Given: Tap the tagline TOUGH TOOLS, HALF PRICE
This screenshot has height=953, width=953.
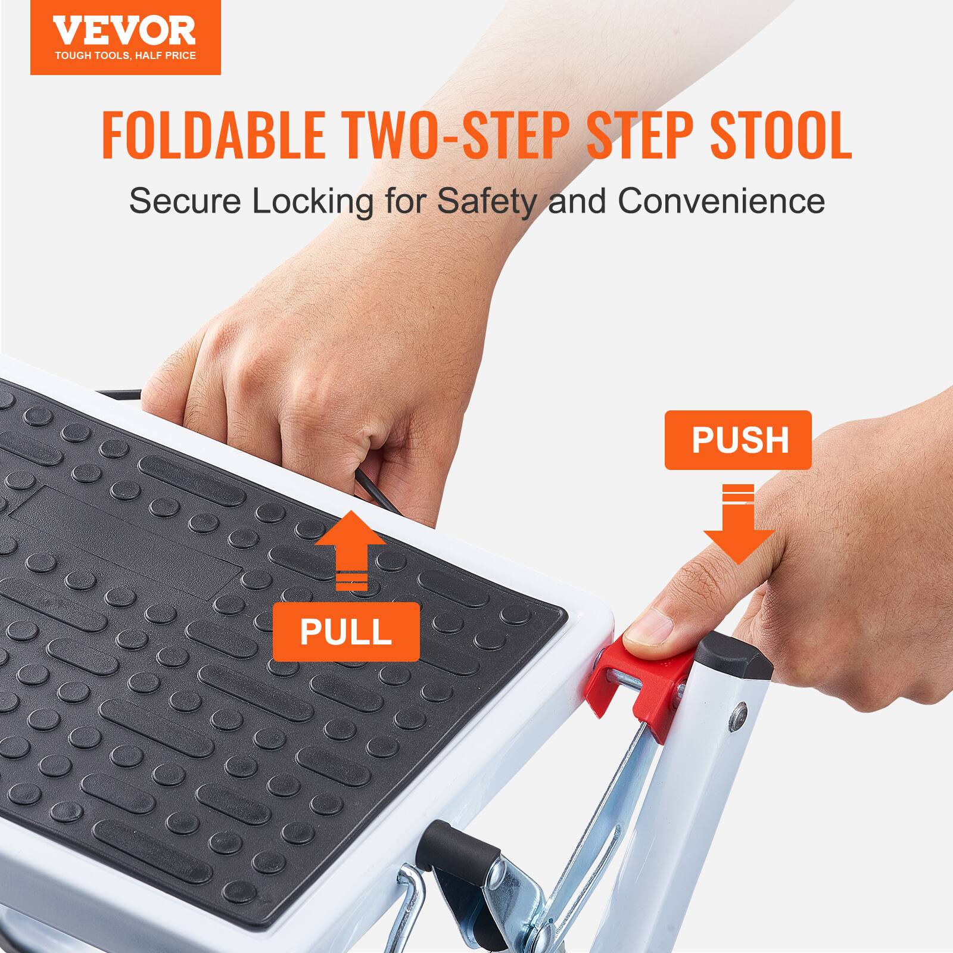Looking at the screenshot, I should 125,56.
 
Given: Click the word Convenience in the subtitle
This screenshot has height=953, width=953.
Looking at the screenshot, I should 721,201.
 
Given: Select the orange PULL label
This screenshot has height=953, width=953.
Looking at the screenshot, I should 345,632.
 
